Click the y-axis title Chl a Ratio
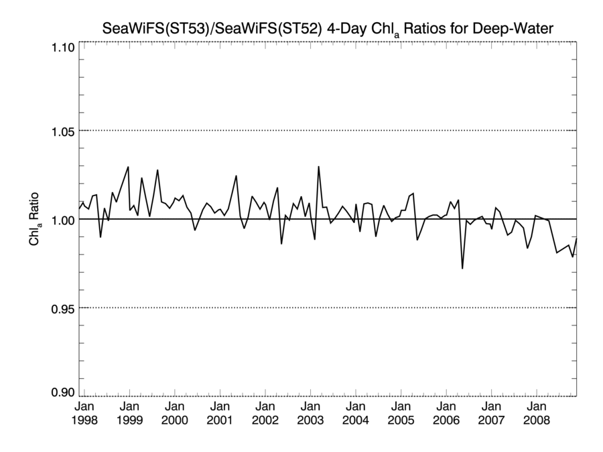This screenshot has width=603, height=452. click(34, 219)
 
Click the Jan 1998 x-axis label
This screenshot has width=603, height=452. click(84, 413)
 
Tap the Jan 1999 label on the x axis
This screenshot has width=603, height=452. click(129, 413)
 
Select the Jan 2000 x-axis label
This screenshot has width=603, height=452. click(174, 413)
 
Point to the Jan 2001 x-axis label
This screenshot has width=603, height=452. click(220, 413)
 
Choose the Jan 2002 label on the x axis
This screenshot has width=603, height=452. click(265, 413)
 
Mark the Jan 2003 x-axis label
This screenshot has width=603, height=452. click(310, 413)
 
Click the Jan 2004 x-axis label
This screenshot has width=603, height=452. click(356, 413)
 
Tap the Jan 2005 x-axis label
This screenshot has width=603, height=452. click(401, 413)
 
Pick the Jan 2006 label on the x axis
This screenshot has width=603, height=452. click(446, 413)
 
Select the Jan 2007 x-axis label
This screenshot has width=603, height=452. click(491, 413)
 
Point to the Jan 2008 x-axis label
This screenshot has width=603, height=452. click(536, 413)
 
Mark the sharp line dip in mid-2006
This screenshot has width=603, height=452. click(462, 268)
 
